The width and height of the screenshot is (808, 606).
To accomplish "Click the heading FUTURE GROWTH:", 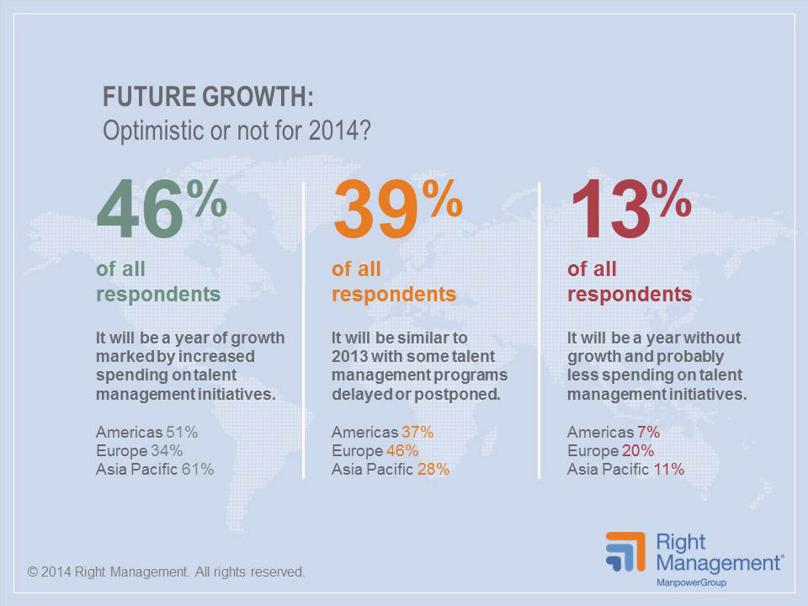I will click(208, 98).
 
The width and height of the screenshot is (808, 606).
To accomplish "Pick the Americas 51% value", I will click(182, 433).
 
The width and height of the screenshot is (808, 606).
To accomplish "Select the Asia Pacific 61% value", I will click(198, 470).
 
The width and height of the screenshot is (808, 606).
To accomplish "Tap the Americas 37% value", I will click(417, 433).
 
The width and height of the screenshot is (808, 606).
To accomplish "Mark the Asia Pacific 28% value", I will click(433, 470).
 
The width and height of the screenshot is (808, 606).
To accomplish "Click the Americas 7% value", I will click(649, 433).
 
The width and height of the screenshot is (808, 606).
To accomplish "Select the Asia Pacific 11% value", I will click(668, 470).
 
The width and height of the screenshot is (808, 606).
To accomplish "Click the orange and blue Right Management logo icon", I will click(625, 551).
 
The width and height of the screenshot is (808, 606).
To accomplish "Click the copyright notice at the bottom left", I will click(166, 572).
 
